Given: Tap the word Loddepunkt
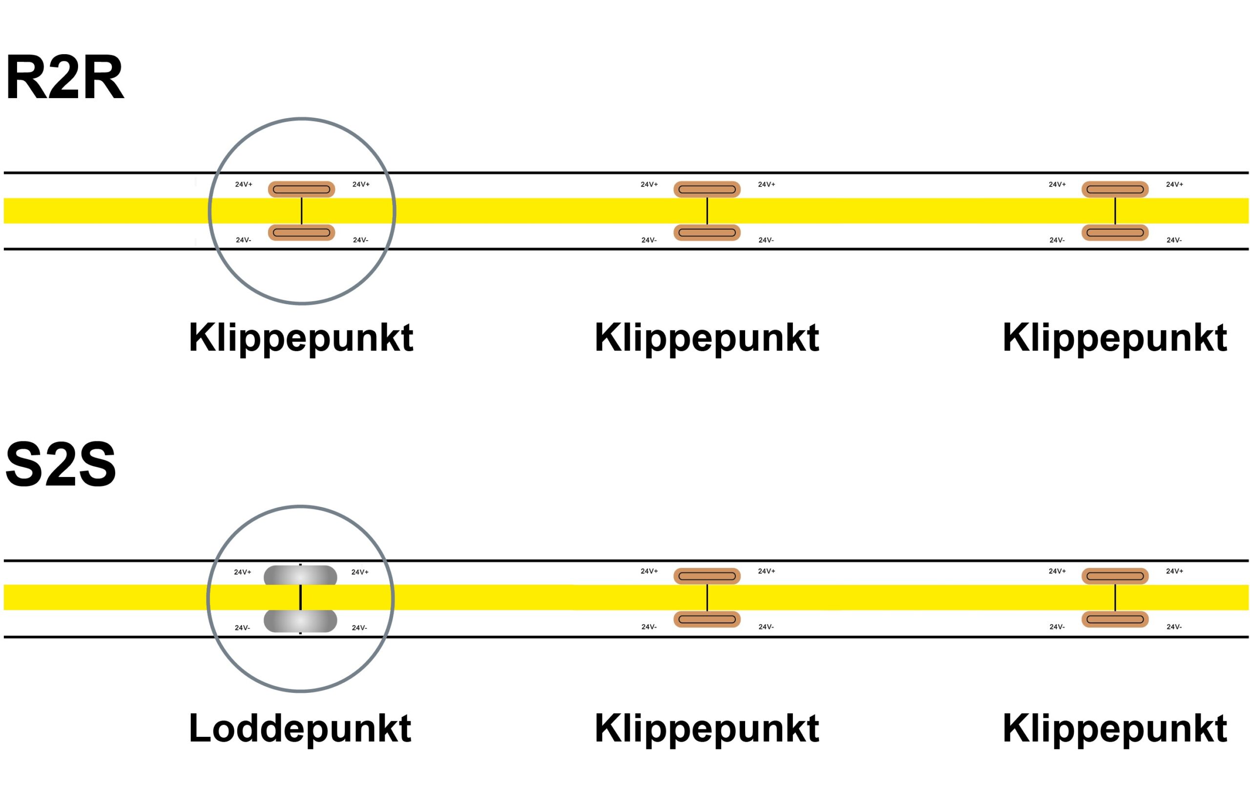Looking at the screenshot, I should pyautogui.click(x=300, y=728).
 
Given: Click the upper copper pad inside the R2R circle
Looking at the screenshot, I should pyautogui.click(x=301, y=189).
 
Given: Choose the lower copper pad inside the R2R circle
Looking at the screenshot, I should pyautogui.click(x=301, y=232).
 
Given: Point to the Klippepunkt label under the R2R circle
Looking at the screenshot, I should pyautogui.click(x=301, y=338).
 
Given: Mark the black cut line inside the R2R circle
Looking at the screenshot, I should pyautogui.click(x=302, y=211).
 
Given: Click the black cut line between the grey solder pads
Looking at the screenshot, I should pyautogui.click(x=301, y=598).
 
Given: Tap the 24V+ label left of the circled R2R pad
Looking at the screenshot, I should pyautogui.click(x=244, y=184).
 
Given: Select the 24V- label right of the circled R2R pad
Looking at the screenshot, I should pyautogui.click(x=360, y=240).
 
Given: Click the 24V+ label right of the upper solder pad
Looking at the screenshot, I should pyautogui.click(x=360, y=572).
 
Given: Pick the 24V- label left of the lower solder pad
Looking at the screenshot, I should pyautogui.click(x=242, y=627).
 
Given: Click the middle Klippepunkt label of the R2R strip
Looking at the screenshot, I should pyautogui.click(x=707, y=338).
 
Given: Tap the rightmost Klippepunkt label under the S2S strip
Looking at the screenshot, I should pyautogui.click(x=1115, y=728).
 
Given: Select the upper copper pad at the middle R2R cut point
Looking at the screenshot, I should pyautogui.click(x=707, y=189).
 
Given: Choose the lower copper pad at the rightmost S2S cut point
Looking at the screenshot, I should pyautogui.click(x=1115, y=619).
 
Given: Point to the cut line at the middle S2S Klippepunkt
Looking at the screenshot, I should pyautogui.click(x=707, y=598).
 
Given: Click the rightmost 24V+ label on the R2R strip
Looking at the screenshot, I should pyautogui.click(x=1174, y=184).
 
